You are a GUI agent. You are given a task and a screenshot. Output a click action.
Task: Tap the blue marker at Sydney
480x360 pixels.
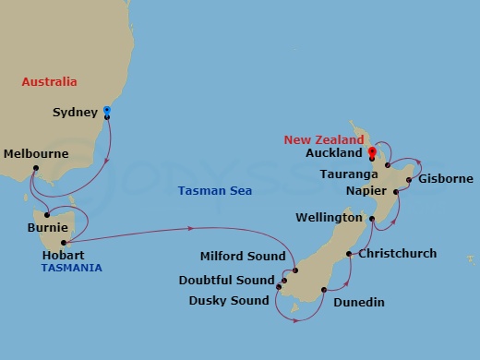(107, 112)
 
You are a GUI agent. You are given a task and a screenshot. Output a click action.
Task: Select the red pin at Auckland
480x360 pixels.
(371, 152)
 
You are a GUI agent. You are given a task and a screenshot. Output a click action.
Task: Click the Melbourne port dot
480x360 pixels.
(35, 168)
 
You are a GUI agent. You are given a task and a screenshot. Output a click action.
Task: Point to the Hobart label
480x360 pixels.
(64, 254)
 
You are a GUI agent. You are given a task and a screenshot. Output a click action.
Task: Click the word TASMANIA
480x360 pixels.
(71, 268)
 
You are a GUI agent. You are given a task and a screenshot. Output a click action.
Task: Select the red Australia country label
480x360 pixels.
(49, 81)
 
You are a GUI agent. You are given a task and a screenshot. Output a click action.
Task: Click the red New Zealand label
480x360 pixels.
(324, 139)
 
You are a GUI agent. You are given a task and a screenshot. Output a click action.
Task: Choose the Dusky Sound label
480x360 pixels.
(229, 300)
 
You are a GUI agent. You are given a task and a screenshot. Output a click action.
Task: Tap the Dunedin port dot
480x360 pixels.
(324, 290)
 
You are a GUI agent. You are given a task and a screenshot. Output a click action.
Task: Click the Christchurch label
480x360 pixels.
(397, 253)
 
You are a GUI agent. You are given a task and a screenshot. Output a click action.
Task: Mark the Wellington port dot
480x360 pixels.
(372, 219)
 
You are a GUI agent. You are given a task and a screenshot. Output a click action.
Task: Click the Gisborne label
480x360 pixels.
(446, 179)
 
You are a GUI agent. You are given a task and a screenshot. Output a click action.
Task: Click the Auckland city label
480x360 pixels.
(334, 153)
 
